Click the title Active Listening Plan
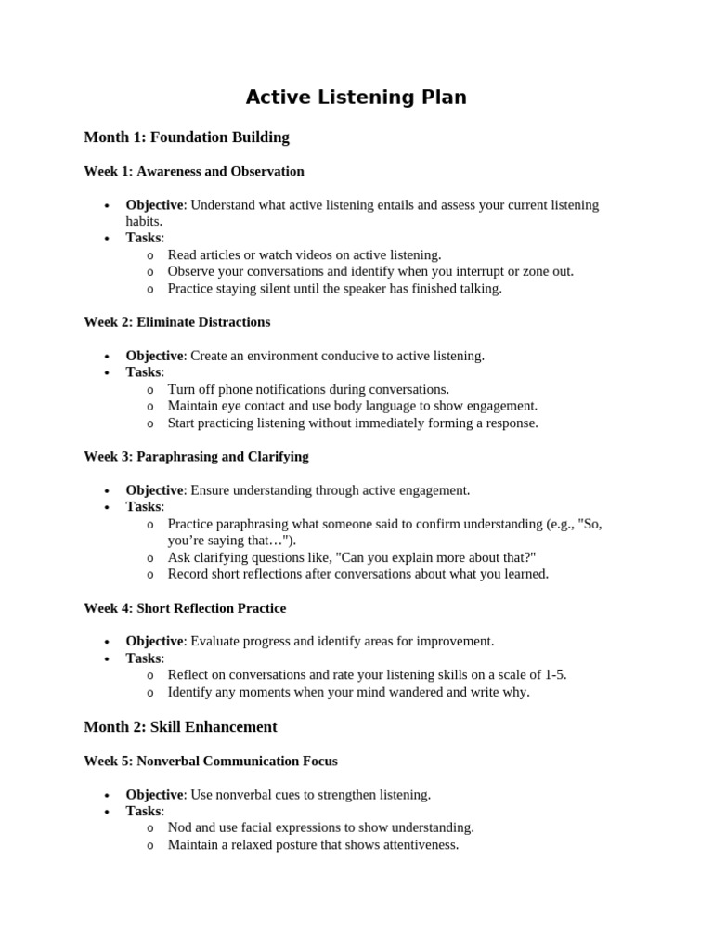pos(356,98)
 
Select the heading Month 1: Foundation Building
pos(187,137)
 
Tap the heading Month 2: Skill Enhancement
pos(180,726)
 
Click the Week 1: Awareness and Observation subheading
pos(194,172)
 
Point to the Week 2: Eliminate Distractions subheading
pos(177,322)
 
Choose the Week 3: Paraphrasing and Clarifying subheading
pos(196,457)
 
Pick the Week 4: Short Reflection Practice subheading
pos(185,608)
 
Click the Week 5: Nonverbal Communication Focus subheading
pos(211,761)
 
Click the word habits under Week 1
pos(143,221)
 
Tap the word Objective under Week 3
pos(154,490)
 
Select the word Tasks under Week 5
pos(144,811)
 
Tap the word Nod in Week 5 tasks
pos(180,827)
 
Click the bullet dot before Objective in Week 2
pos(108,357)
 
